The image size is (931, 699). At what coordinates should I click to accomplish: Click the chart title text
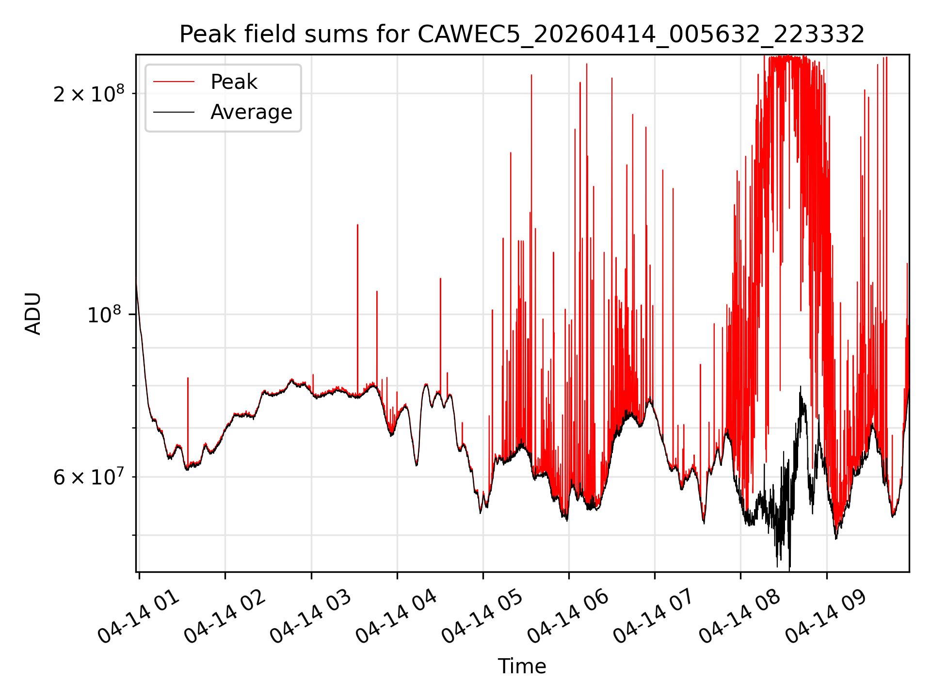pyautogui.click(x=522, y=34)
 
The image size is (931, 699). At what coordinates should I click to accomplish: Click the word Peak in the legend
pyautogui.click(x=234, y=82)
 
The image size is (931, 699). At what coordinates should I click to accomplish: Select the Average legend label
pyautogui.click(x=251, y=112)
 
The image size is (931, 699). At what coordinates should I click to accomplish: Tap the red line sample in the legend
pyautogui.click(x=174, y=82)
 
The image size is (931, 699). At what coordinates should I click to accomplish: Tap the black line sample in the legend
pyautogui.click(x=174, y=112)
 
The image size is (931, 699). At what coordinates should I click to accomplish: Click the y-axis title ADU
pyautogui.click(x=33, y=314)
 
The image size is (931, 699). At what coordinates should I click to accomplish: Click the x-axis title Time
pyautogui.click(x=522, y=666)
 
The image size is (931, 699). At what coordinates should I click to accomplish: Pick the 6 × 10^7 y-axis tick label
pyautogui.click(x=89, y=476)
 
